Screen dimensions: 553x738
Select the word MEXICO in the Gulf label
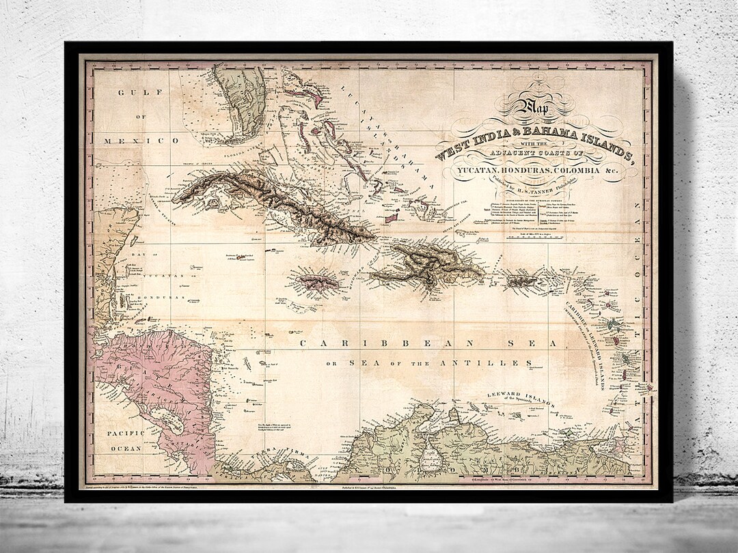(142, 140)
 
